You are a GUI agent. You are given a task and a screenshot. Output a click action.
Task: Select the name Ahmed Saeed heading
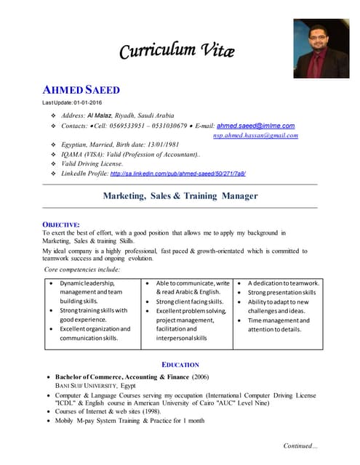[x=81, y=90]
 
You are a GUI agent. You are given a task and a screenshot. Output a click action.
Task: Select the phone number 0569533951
[x=137, y=126]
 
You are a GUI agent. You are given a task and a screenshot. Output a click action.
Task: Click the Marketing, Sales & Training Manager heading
[x=180, y=195]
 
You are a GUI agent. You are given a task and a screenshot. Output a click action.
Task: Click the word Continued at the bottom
[x=300, y=445]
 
